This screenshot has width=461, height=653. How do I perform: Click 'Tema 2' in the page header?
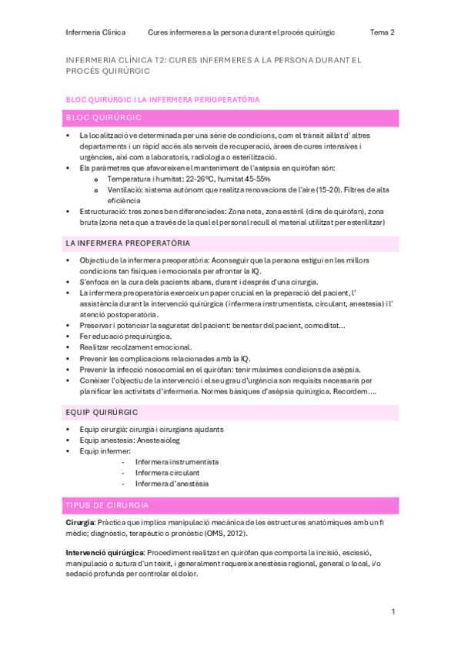click(382, 32)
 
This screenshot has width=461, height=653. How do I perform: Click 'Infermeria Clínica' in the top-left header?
click(95, 32)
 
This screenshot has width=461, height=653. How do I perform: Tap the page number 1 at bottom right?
click(393, 611)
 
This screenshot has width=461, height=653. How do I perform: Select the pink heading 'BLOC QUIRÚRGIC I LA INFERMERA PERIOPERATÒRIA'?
click(162, 99)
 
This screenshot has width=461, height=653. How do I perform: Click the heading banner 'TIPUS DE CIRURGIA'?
click(108, 505)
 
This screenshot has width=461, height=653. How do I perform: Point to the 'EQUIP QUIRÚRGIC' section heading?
click(102, 412)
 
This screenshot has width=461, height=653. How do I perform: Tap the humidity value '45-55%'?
click(253, 178)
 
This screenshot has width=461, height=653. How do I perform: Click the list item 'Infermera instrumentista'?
click(176, 462)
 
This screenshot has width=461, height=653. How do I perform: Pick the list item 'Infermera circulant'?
click(166, 473)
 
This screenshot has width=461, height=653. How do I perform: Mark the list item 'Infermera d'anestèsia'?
click(171, 484)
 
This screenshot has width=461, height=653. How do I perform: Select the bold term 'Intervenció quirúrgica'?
click(104, 553)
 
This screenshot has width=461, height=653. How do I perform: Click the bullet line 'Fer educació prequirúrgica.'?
click(125, 337)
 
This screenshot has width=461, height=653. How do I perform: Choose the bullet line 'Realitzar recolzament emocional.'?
click(135, 347)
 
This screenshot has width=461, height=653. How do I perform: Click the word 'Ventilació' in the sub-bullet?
click(125, 189)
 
